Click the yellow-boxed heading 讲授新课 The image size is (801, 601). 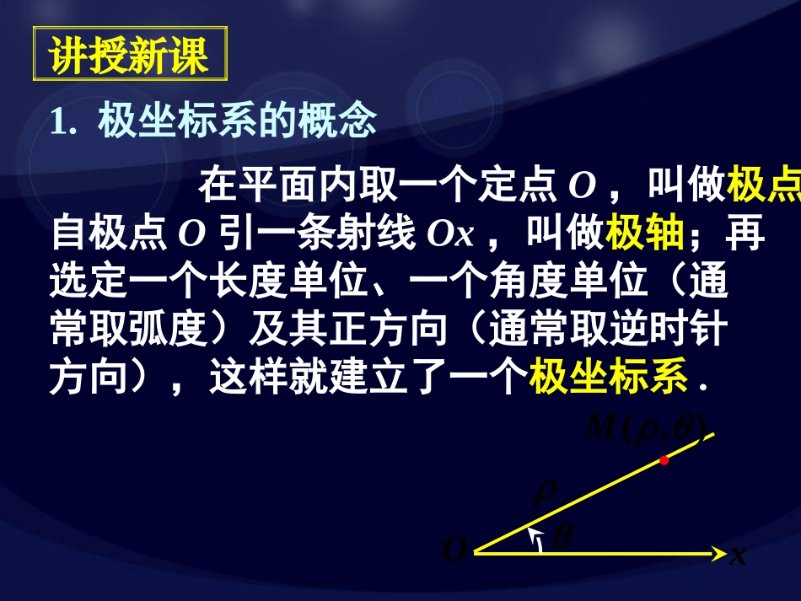point(128,56)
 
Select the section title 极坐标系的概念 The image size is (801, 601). point(237,123)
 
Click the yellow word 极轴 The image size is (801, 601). point(644,234)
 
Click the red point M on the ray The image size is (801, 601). point(664,460)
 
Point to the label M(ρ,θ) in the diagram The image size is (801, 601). point(646,428)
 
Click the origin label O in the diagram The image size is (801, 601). point(454,552)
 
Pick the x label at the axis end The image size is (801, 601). point(738,555)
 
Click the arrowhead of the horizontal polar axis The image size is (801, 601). point(720,553)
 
